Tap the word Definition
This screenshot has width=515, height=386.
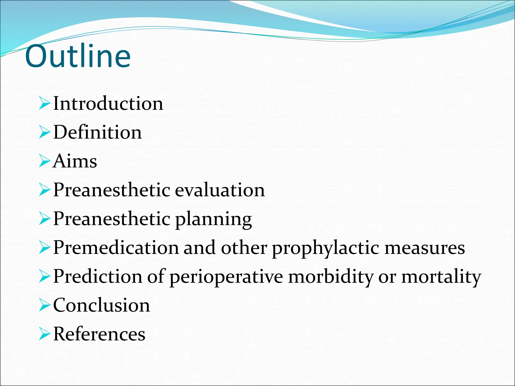pos(98,132)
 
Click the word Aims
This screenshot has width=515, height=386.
pos(75,161)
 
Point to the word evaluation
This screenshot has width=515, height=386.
pos(220,190)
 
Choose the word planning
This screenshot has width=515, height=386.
pos(213,219)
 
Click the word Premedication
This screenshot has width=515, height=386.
pos(116,248)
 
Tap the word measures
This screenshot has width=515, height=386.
pos(425,248)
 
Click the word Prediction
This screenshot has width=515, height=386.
pos(98,276)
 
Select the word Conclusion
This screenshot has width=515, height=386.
pos(102,305)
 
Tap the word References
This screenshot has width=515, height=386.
pos(99,334)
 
